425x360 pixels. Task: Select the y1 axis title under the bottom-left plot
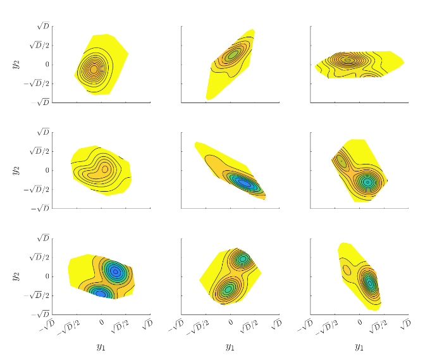point(101,347)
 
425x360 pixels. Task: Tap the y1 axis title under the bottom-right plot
point(359,347)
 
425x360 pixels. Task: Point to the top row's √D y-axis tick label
point(42,26)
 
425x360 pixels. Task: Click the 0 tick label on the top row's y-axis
point(47,64)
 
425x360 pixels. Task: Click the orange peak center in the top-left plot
point(94,69)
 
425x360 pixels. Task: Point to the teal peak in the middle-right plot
point(367,182)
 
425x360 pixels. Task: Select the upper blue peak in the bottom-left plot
point(115,271)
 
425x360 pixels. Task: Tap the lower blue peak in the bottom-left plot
point(101,293)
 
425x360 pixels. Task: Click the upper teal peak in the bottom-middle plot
point(243,259)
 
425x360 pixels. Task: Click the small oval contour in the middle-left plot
point(105,169)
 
